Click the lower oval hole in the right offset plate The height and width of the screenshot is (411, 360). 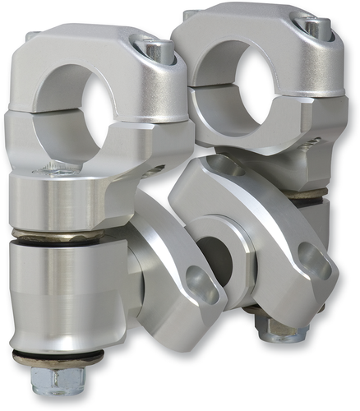click(314, 261)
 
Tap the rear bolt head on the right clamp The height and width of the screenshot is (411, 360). click(189, 15)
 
